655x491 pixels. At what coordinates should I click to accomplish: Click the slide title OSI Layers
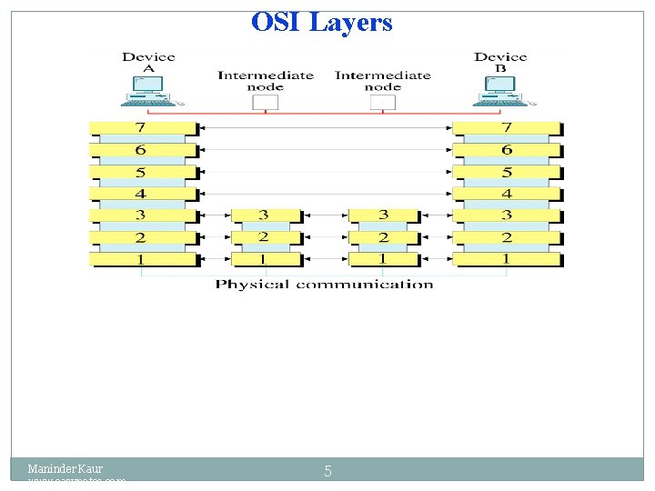click(x=322, y=22)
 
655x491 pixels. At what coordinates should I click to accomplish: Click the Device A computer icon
click(x=149, y=89)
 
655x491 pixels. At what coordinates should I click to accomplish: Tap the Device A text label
click(x=148, y=62)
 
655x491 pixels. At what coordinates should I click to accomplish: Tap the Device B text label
click(x=500, y=62)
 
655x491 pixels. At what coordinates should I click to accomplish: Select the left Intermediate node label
click(x=265, y=81)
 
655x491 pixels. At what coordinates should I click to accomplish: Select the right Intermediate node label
click(x=383, y=81)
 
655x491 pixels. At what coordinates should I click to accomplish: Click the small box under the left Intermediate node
click(x=265, y=102)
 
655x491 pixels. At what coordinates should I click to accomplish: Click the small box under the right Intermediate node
click(x=383, y=102)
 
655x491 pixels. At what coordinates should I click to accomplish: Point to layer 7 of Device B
click(x=507, y=128)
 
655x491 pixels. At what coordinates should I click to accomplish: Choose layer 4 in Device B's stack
click(x=507, y=194)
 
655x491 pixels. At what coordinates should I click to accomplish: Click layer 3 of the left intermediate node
click(x=264, y=215)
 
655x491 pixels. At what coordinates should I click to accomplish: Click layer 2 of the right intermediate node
click(x=383, y=237)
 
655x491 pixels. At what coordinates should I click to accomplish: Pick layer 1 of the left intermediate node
click(x=264, y=259)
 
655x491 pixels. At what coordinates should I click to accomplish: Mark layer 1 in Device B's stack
click(x=507, y=259)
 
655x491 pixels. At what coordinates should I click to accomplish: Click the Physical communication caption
click(x=324, y=285)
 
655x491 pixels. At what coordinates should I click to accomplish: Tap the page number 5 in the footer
click(x=327, y=471)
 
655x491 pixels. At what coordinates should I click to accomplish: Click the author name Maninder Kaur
click(x=65, y=469)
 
